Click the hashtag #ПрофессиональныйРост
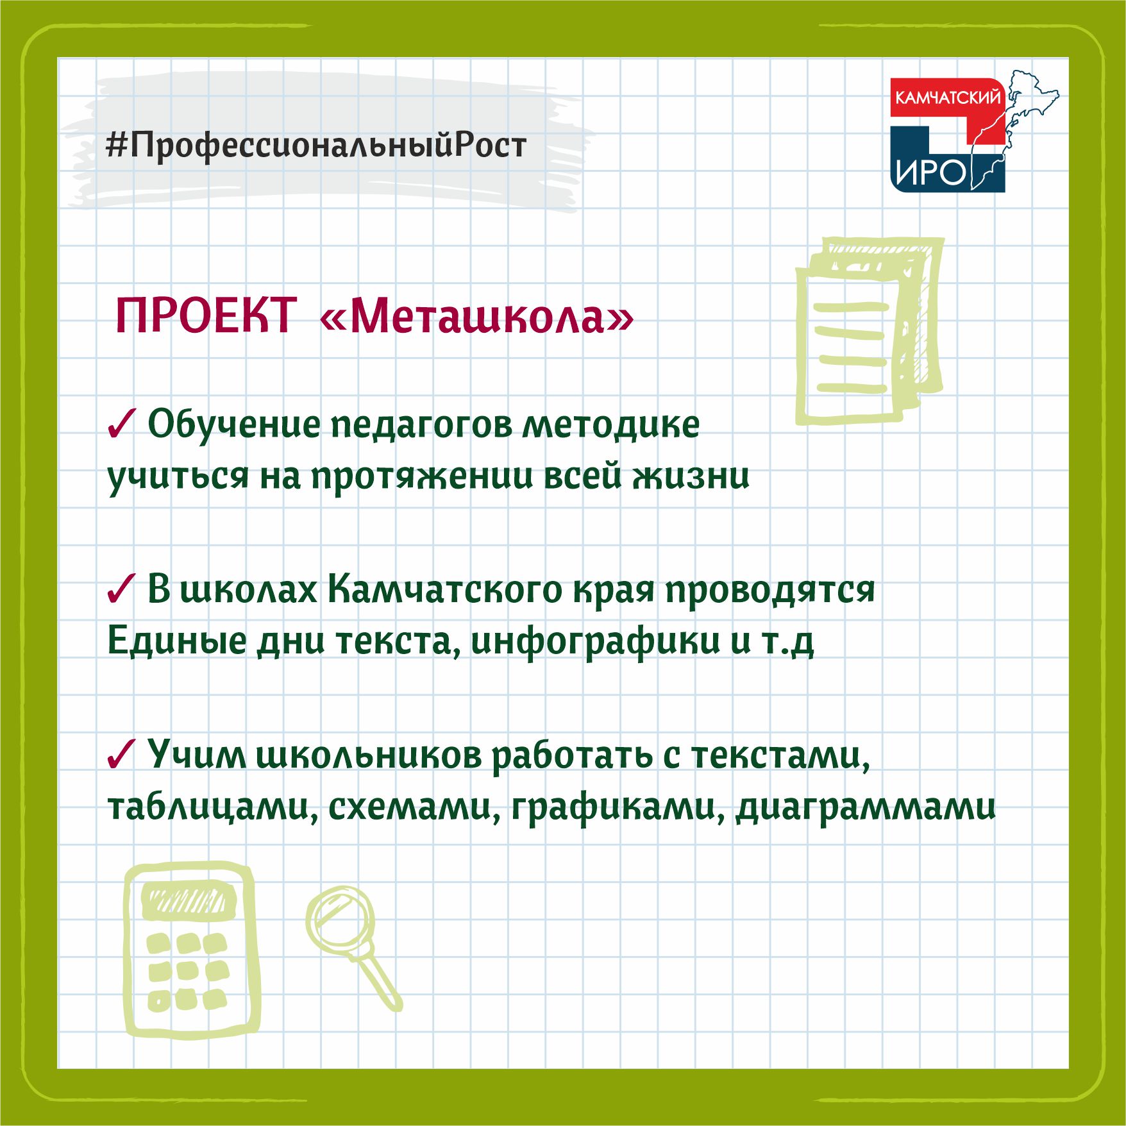(x=316, y=146)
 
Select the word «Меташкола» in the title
(x=477, y=316)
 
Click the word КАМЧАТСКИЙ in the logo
(x=947, y=98)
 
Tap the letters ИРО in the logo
(x=930, y=172)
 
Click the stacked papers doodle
(x=870, y=330)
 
